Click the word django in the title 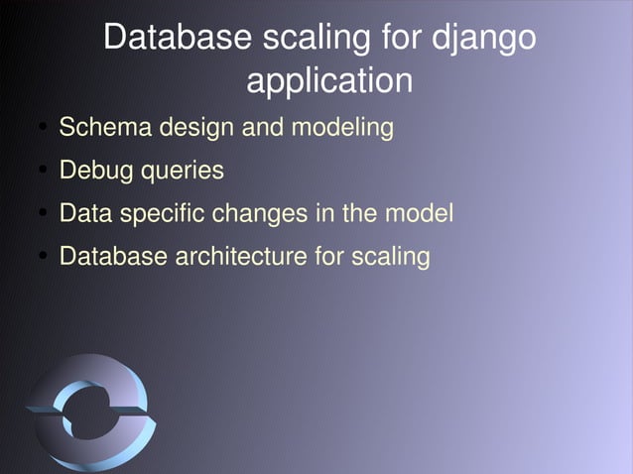coord(485,40)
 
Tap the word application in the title coord(328,80)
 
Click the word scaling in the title coord(316,40)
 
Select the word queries coord(182,172)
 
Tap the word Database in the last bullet coord(114,256)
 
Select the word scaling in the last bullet coord(392,257)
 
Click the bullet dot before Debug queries coord(45,172)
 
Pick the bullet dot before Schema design coord(45,129)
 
